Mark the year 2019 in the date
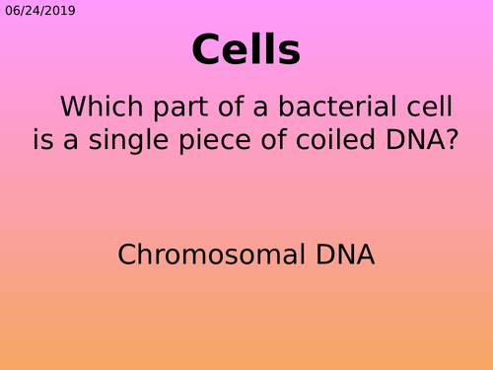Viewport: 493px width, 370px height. point(60,12)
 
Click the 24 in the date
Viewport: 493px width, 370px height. point(34,12)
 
